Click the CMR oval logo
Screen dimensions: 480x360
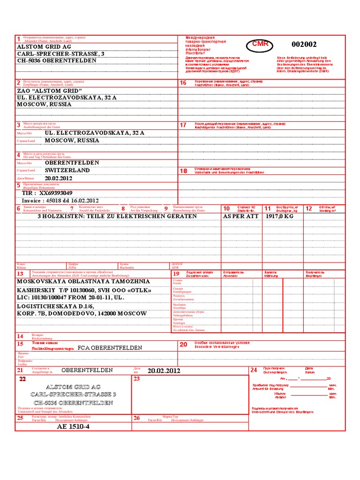click(260, 44)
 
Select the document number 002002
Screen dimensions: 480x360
click(304, 45)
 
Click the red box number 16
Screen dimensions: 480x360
click(183, 83)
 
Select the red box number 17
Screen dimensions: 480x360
click(183, 125)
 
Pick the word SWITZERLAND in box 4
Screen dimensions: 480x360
click(67, 171)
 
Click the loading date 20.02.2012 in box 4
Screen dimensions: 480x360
click(59, 179)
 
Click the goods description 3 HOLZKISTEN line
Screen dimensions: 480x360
click(117, 217)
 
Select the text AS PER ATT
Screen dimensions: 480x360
click(241, 217)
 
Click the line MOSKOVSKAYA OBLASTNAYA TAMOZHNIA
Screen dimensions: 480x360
click(83, 281)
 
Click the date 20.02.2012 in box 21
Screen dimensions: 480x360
click(164, 371)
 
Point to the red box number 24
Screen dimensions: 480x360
click(254, 370)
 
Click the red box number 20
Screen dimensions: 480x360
click(183, 345)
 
